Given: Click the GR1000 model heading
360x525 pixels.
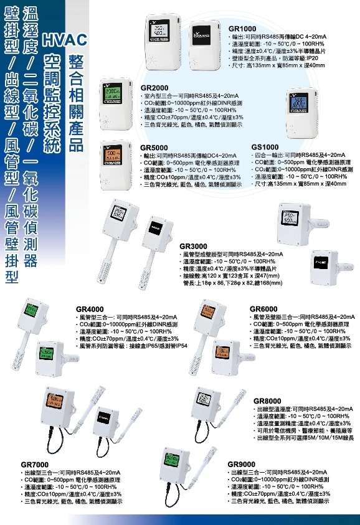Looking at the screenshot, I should click(x=242, y=29).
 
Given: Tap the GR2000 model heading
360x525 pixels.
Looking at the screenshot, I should click(x=154, y=87).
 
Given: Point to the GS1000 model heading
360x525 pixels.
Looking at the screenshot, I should click(x=265, y=146).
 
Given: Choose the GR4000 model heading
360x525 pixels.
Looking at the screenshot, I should click(x=90, y=309).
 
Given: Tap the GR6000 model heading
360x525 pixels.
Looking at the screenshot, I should click(x=263, y=309).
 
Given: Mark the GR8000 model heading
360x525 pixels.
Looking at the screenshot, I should click(x=268, y=400).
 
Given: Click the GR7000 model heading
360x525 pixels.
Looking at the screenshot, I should click(x=34, y=465).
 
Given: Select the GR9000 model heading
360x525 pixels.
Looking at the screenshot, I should click(x=242, y=465).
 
